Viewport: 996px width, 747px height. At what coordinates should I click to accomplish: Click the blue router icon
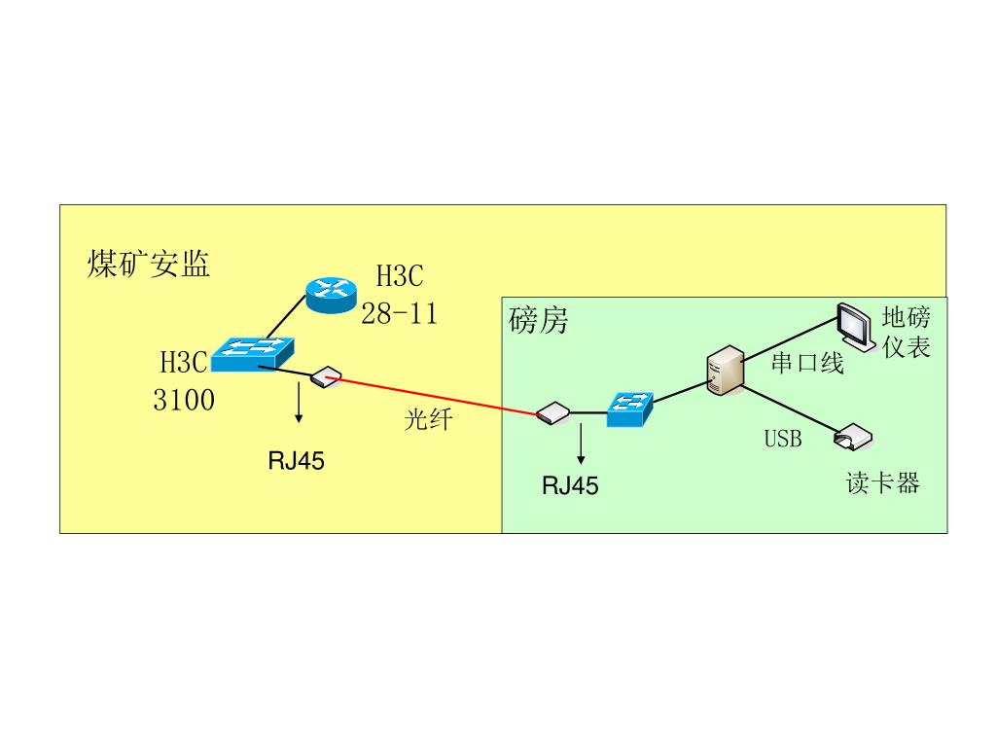(x=331, y=294)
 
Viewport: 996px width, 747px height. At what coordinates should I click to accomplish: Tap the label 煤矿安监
(x=149, y=264)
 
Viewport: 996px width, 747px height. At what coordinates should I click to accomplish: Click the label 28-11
(x=400, y=313)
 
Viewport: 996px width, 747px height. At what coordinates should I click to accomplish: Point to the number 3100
(x=184, y=400)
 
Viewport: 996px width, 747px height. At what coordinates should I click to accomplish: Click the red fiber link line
(x=438, y=397)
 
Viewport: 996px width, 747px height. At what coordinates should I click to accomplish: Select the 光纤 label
(x=429, y=420)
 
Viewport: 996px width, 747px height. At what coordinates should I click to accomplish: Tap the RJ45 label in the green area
(x=571, y=485)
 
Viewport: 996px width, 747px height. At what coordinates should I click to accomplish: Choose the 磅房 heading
(x=538, y=321)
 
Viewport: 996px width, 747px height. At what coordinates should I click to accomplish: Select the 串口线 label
(x=807, y=364)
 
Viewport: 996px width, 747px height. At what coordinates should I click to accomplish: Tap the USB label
(x=783, y=439)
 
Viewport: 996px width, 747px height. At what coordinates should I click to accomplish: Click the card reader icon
(x=853, y=438)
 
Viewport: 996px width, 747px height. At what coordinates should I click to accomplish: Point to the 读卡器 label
(x=882, y=483)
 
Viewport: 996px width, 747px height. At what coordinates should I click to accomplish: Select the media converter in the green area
(x=551, y=412)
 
